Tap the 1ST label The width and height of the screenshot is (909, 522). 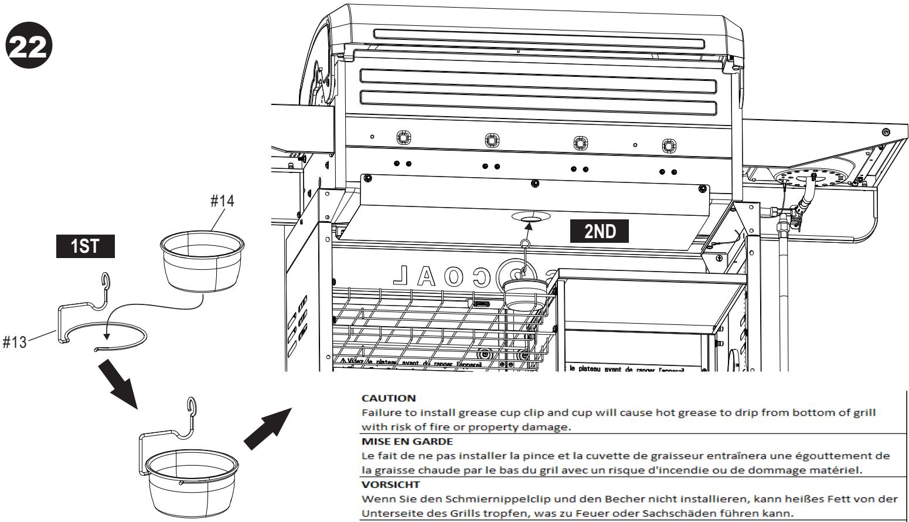[x=85, y=246]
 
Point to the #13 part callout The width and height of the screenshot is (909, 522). [x=14, y=343]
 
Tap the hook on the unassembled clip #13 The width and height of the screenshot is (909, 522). [x=105, y=282]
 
